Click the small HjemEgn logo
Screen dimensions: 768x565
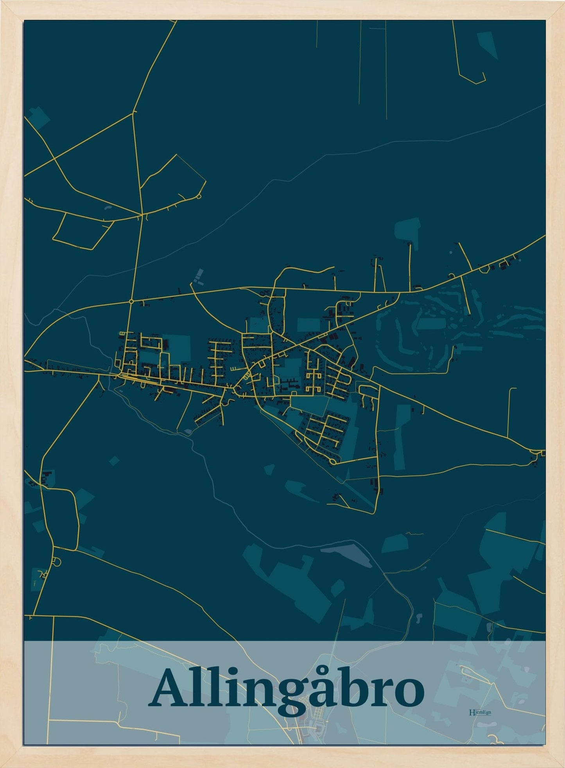point(480,712)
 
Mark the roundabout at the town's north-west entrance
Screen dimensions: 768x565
point(131,302)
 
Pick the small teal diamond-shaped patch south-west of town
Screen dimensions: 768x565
point(114,461)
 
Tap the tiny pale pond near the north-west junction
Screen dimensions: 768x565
point(106,207)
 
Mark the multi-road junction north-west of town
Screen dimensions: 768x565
point(142,214)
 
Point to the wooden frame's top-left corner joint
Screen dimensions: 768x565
point(12,10)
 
